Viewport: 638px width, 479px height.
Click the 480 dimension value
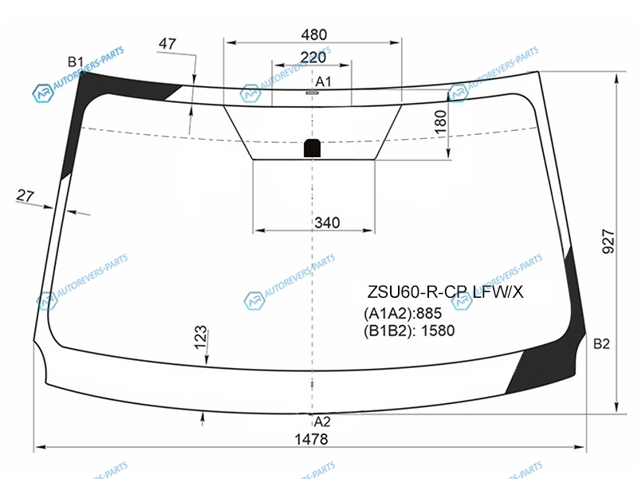(x=313, y=34)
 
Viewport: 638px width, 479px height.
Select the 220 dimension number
(x=313, y=57)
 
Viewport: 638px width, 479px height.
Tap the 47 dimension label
(x=167, y=43)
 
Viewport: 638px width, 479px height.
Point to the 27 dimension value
(x=26, y=196)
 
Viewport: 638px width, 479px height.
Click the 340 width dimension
(x=327, y=223)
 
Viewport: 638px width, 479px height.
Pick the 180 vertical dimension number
(x=441, y=122)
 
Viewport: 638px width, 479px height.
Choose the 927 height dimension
(x=608, y=241)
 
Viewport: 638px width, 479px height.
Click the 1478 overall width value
(x=311, y=439)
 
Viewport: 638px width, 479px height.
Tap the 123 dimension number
(x=201, y=338)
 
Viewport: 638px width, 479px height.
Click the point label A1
(x=324, y=82)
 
